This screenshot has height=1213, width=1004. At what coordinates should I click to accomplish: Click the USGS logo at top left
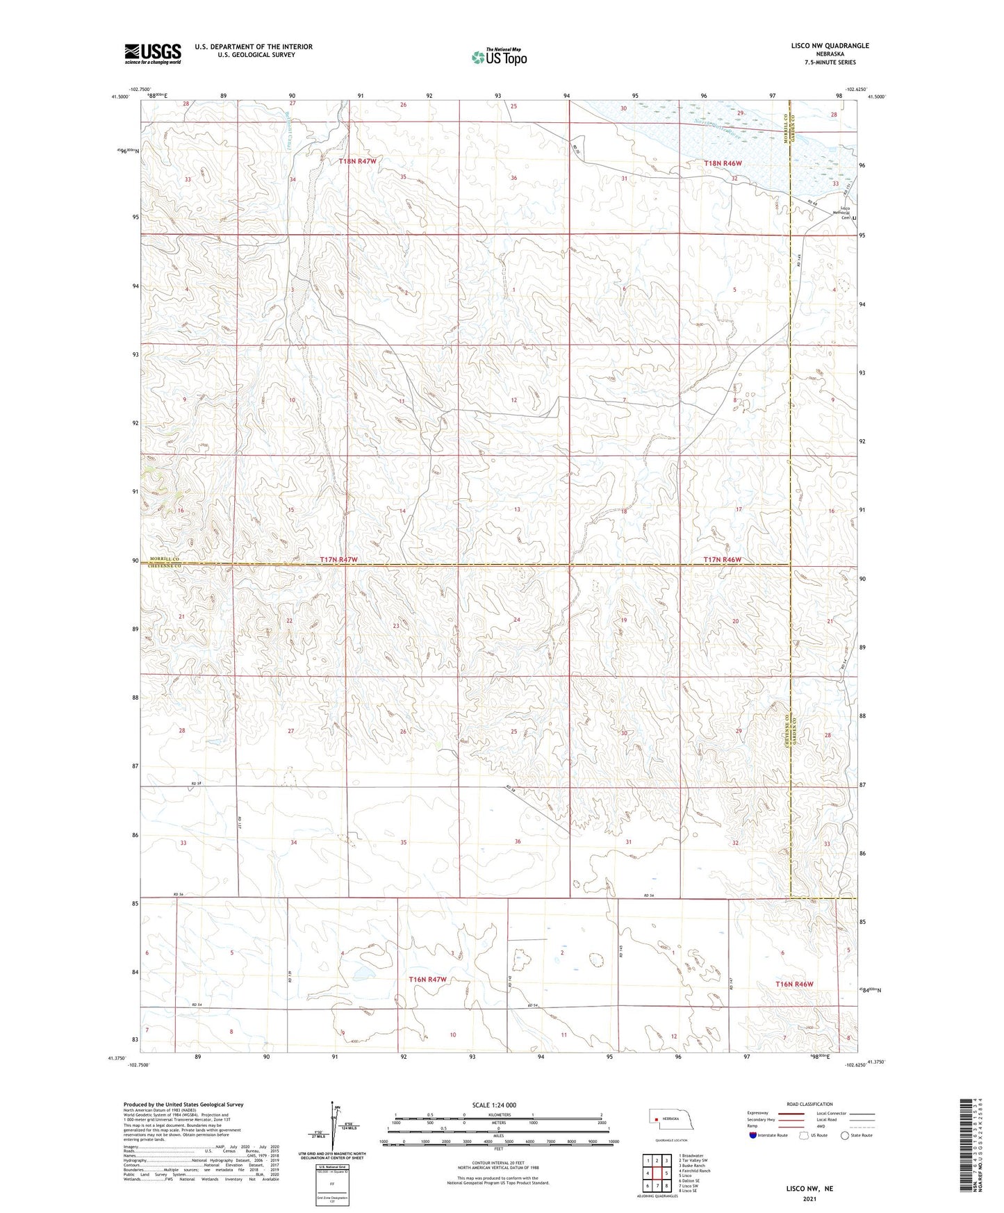click(153, 53)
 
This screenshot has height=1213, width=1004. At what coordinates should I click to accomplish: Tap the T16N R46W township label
click(794, 984)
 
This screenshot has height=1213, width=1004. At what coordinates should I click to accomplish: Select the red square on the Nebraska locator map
click(656, 1119)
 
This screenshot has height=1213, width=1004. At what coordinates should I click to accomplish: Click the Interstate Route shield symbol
click(752, 1135)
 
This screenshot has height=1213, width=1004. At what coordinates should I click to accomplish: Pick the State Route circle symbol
click(845, 1135)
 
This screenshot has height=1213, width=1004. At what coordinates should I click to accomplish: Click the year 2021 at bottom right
click(809, 1199)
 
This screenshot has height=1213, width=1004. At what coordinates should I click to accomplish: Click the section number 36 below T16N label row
click(518, 841)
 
